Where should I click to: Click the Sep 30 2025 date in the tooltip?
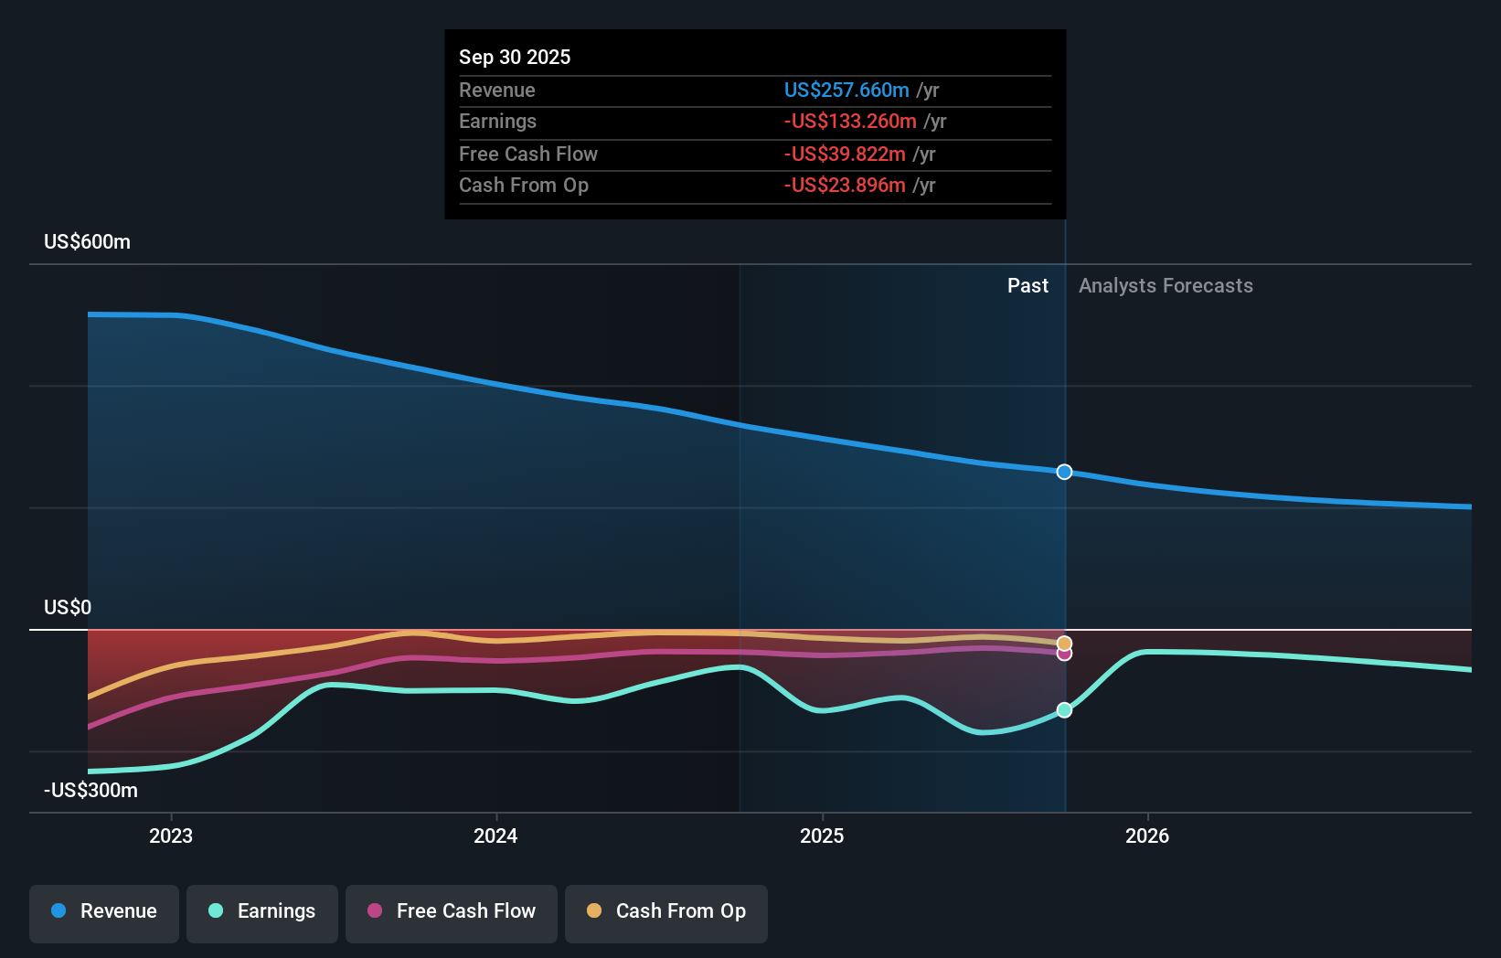coord(515,57)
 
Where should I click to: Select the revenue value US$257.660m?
coord(846,90)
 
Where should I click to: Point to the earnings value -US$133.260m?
coord(850,121)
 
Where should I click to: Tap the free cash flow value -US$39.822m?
coord(845,154)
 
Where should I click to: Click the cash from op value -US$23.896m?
coord(845,185)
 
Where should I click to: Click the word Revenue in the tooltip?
coord(496,90)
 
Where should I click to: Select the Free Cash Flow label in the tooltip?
coord(527,154)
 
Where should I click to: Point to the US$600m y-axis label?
coord(87,241)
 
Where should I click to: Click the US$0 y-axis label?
coord(68,607)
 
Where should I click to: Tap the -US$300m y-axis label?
coord(90,790)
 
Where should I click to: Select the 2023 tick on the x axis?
coord(171,836)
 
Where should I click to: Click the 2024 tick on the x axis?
coord(495,836)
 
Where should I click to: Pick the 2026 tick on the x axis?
coord(1147,836)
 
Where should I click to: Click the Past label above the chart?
coord(1027,285)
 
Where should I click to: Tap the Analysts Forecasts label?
coord(1166,285)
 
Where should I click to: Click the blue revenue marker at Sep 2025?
coord(1064,472)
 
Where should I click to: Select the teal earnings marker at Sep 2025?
coord(1064,710)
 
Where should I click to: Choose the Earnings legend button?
coord(262,911)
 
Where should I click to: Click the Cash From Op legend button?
coord(666,911)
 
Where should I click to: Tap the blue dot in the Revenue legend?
coord(59,910)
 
